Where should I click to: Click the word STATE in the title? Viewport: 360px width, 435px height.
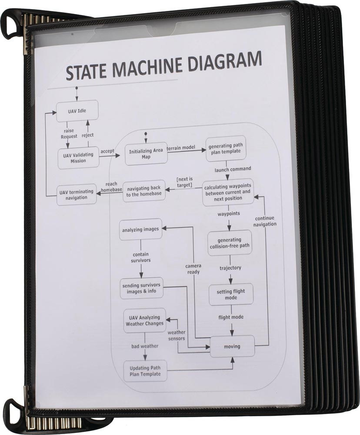coord(89,71)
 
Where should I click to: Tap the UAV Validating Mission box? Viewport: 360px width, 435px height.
coord(79,157)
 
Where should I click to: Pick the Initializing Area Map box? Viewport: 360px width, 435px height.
coord(146,154)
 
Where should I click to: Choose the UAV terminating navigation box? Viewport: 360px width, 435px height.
coord(77,194)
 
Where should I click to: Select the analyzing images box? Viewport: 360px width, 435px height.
coord(140,229)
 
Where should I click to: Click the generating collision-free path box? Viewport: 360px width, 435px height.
coord(230,243)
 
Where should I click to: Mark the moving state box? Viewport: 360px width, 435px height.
coord(232,346)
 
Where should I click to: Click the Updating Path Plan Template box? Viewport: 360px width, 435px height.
coord(145,371)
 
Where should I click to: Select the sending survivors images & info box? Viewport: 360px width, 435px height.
coord(142,288)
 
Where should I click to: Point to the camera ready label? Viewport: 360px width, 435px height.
coord(193,269)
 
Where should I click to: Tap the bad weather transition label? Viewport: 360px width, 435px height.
coord(145,346)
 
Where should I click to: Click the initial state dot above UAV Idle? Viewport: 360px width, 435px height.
coord(77,88)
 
